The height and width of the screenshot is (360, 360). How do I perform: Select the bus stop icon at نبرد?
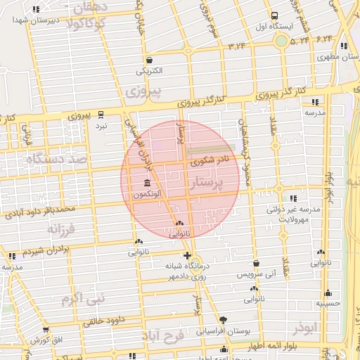click(101, 114)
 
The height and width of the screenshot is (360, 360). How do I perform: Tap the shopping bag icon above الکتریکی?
click(148, 60)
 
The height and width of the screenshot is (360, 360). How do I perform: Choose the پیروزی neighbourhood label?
click(143, 91)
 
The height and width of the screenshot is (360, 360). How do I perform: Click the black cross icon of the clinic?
click(186, 255)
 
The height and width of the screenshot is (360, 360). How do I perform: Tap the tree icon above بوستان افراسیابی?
click(224, 319)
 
